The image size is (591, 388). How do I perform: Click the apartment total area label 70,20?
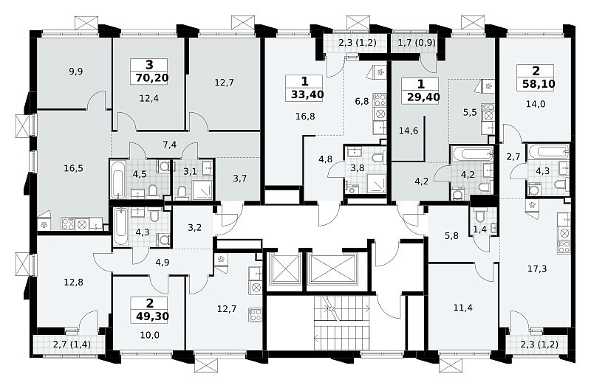coord(150,78)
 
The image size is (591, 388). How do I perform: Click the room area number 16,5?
coord(73,168)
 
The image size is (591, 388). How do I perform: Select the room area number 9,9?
coord(76,71)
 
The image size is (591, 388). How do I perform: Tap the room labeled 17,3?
coord(537,269)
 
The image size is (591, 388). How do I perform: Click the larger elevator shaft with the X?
coord(332,268)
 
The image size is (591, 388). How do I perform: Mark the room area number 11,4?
coord(462,308)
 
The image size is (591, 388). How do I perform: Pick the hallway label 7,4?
coord(170,144)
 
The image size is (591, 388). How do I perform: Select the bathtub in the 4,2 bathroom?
coord(472,153)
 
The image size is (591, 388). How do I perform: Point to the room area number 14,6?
coord(409,131)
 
